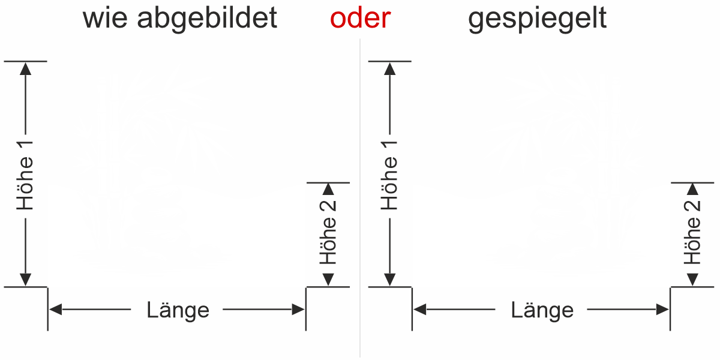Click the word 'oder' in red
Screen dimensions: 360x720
[x=360, y=19]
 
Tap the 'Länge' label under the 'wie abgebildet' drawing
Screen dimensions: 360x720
[x=178, y=310]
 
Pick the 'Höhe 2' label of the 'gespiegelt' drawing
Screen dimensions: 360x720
[x=692, y=232]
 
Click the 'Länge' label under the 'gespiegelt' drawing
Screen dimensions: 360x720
[x=542, y=310]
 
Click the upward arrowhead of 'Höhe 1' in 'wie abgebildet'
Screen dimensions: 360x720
[x=25, y=68]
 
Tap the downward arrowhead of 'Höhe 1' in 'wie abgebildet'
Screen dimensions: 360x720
[x=25, y=280]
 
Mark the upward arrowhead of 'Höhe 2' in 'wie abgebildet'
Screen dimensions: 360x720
[x=328, y=189]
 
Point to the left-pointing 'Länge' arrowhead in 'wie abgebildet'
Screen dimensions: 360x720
[x=56, y=310]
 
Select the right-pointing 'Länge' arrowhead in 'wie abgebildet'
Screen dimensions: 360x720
[x=298, y=310]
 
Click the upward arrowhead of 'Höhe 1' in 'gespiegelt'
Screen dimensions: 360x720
[x=390, y=68]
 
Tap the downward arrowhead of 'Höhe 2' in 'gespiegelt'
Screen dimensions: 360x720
[x=692, y=280]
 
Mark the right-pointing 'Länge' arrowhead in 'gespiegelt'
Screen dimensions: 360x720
[x=662, y=310]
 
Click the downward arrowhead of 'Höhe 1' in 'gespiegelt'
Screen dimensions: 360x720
[x=390, y=280]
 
